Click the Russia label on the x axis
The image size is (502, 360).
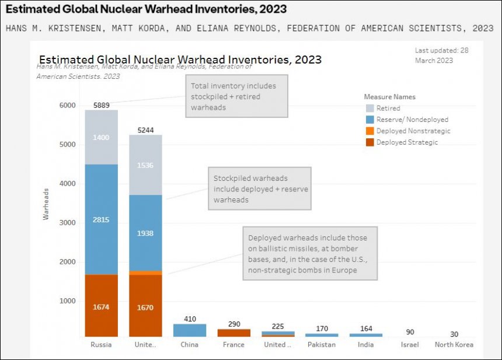coord(101,344)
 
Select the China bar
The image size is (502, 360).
coord(190,330)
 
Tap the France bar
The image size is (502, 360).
coord(234,333)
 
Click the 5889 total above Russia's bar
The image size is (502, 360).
coord(101,105)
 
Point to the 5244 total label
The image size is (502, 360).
coord(145,130)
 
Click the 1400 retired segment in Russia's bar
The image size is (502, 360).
coord(101,137)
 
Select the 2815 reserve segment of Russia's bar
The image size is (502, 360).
coord(101,220)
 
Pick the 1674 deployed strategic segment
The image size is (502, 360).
coord(101,307)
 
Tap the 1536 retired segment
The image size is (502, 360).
coord(145,166)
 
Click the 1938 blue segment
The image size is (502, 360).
coord(145,233)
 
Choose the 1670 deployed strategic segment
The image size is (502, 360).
coord(145,307)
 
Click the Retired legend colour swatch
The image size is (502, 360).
coord(369,108)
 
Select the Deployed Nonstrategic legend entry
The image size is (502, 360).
coord(413,131)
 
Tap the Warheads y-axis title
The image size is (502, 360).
coord(46,208)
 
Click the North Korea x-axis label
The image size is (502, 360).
coord(454,344)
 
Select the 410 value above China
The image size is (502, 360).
coord(190,319)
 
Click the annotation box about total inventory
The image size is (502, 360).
coord(236,96)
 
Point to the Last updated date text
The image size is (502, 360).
coord(441,55)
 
